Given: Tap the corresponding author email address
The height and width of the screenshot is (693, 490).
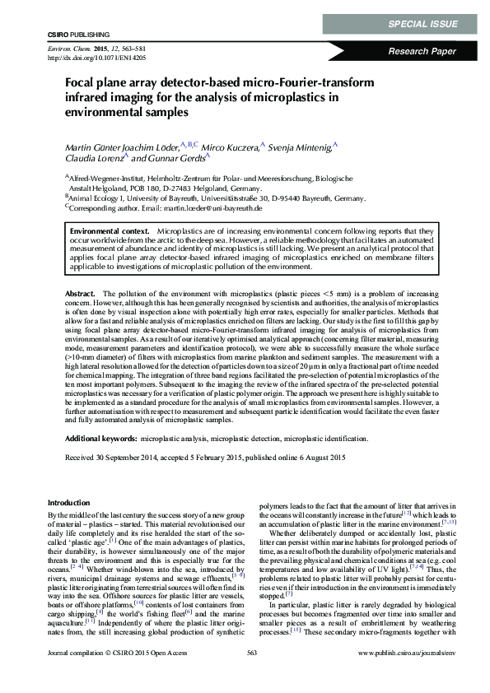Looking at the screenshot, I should [x=222, y=209].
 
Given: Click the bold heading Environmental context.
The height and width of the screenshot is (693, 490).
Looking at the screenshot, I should [x=110, y=233].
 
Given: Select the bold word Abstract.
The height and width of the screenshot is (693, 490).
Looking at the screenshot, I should [x=79, y=293].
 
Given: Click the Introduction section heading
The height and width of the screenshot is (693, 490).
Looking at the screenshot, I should [x=72, y=502].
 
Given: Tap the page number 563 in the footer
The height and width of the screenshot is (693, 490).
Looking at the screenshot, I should [x=253, y=676].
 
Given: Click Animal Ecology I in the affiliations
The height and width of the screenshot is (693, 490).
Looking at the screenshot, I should [x=94, y=198].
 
